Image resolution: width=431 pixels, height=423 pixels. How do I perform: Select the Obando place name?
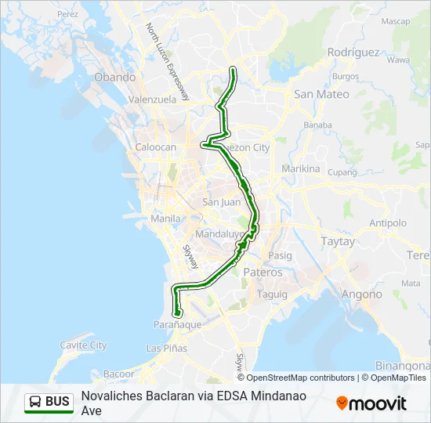click(x=115, y=78)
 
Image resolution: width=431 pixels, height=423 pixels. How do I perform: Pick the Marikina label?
click(x=301, y=168)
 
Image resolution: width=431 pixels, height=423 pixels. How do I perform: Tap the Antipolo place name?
click(x=388, y=223)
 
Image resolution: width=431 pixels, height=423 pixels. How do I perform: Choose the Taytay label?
click(x=339, y=242)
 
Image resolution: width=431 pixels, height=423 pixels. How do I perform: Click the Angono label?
click(x=361, y=295)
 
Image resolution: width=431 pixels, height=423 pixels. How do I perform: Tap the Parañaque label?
click(x=178, y=324)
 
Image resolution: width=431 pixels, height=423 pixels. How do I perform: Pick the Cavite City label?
click(x=84, y=345)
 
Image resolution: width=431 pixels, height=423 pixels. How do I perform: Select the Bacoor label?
click(x=119, y=374)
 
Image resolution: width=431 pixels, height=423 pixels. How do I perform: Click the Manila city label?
click(x=165, y=219)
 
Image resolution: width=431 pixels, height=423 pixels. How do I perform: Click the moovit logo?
click(x=371, y=403)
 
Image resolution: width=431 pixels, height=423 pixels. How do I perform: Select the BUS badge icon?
click(x=49, y=402)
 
